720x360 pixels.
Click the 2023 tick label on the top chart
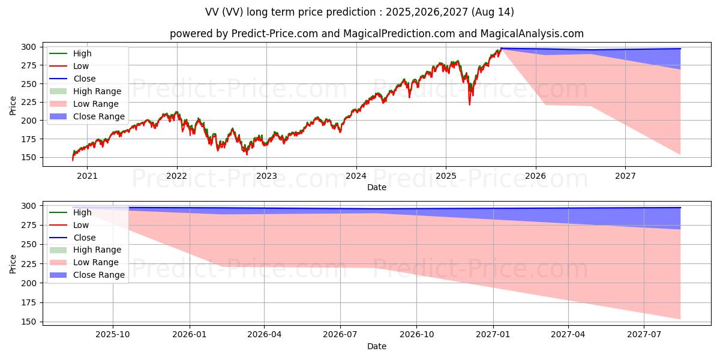click(x=266, y=176)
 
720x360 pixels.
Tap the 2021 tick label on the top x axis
click(x=87, y=176)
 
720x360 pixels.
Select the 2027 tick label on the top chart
click(x=625, y=176)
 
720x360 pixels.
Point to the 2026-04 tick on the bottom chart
click(x=265, y=334)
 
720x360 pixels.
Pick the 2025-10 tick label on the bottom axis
click(x=113, y=334)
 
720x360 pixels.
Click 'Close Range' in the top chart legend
click(x=99, y=116)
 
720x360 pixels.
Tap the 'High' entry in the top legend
click(x=82, y=53)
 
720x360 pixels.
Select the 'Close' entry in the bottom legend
click(x=85, y=238)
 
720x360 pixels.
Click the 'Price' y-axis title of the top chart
click(x=13, y=105)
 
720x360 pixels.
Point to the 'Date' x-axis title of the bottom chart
click(x=377, y=346)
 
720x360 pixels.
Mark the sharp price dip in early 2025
click(x=469, y=103)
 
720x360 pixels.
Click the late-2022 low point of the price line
click(x=247, y=154)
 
